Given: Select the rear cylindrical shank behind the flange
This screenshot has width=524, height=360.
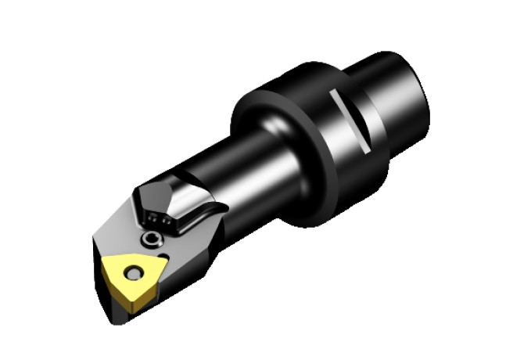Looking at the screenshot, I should pos(395,94).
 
